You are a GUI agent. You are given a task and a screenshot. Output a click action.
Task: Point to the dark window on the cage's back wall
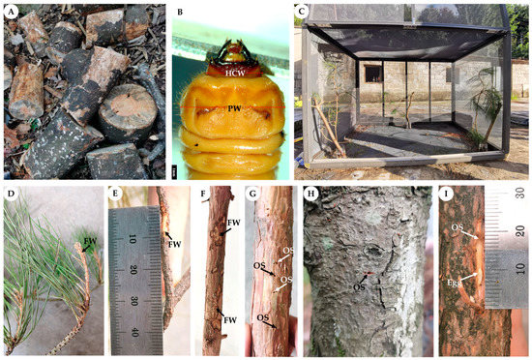tap(371, 73)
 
